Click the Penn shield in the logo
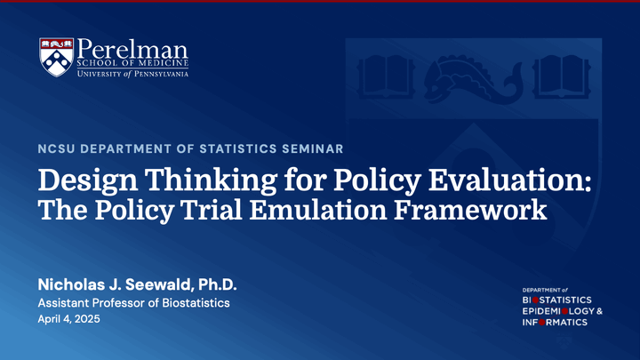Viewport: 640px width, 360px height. [57, 57]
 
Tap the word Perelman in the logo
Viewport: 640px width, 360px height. [132, 49]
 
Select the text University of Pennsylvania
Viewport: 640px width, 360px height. [132, 74]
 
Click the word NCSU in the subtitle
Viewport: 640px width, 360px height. [57, 148]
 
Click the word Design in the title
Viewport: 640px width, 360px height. [88, 180]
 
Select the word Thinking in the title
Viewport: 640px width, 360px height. [211, 180]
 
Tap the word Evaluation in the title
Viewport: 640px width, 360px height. [510, 180]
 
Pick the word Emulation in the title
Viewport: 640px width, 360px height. [318, 210]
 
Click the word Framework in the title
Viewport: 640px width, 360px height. [470, 210]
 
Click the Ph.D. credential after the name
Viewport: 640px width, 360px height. [218, 284]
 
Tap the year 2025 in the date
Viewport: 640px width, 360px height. [87, 319]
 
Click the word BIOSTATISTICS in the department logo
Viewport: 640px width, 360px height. [556, 300]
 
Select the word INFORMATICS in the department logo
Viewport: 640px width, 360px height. [555, 323]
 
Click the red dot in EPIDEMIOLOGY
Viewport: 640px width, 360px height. [565, 311]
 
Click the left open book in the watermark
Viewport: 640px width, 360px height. [385, 77]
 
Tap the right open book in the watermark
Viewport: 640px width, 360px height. [562, 77]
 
